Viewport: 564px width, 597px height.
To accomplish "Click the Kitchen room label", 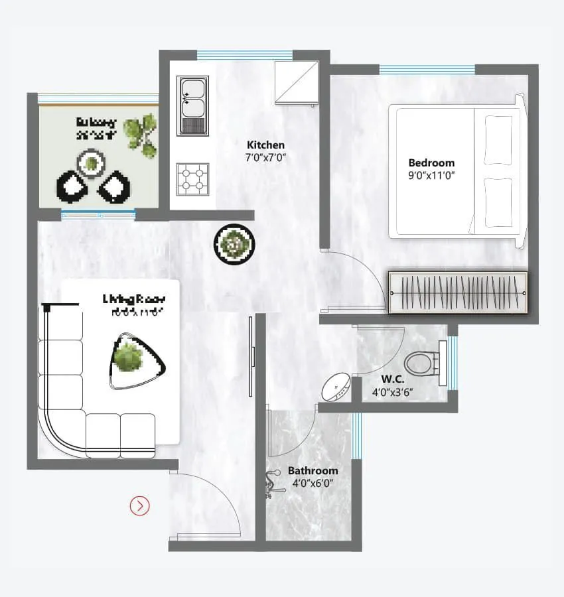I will (x=265, y=145).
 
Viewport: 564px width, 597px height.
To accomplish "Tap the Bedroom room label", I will (x=431, y=163).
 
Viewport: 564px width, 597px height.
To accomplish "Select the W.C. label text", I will (x=393, y=379).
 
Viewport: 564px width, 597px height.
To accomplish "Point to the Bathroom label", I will (x=313, y=470).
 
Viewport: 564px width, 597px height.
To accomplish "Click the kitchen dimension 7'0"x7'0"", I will (x=265, y=158).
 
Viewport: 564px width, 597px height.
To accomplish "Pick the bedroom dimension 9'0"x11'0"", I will (x=431, y=176).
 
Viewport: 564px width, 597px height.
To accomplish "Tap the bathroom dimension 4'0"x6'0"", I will (x=313, y=484).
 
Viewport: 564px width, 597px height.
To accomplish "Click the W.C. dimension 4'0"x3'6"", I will (x=393, y=392).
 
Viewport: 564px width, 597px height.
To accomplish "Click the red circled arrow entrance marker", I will (x=140, y=506).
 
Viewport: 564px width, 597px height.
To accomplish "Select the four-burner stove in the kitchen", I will (x=192, y=179).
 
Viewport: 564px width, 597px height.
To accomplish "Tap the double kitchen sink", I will (x=192, y=105).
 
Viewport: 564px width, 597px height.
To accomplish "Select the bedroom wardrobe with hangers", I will (x=458, y=292).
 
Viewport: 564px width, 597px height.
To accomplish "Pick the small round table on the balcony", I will (x=90, y=162).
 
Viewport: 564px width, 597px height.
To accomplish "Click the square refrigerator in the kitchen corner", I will (x=296, y=82).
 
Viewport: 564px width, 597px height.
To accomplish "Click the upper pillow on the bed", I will (x=498, y=139).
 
